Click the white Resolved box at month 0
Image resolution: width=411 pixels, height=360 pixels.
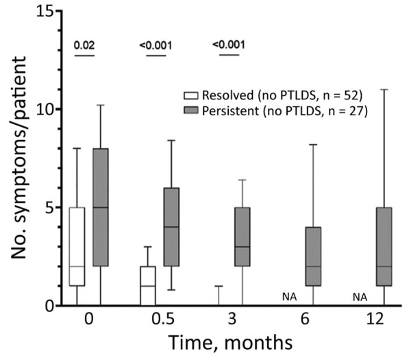pos(76,247)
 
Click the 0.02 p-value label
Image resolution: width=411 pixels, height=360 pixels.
pos(84,45)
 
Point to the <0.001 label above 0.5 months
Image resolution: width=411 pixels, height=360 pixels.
pos(155,46)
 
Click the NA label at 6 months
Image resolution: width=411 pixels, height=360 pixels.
pos(288,296)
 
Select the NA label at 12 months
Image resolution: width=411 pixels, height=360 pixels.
pos(360,296)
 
